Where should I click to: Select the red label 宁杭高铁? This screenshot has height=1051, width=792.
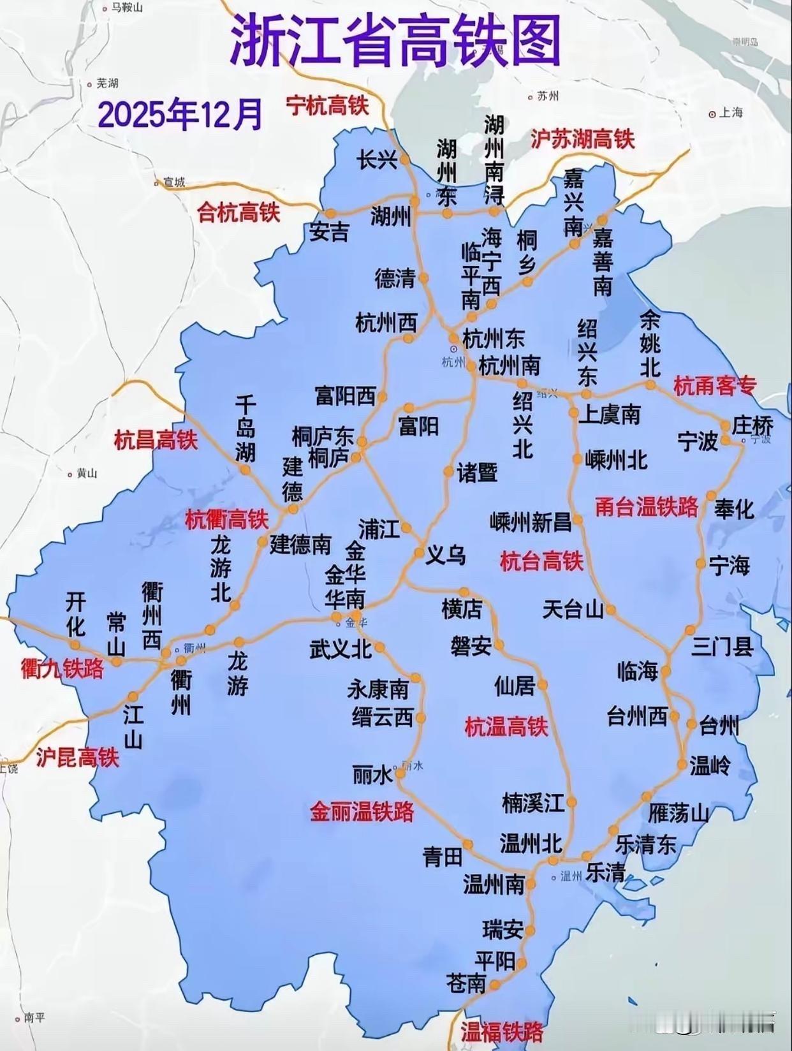click(x=327, y=105)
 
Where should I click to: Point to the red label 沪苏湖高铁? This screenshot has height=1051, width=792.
click(x=582, y=139)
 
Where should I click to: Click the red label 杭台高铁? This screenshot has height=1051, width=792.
click(x=541, y=561)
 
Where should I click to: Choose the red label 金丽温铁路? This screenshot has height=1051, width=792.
click(x=362, y=812)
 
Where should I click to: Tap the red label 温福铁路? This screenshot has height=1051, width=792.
click(x=502, y=1032)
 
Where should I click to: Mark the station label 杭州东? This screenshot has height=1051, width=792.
click(x=493, y=339)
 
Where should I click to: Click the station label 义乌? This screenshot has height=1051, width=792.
click(x=446, y=555)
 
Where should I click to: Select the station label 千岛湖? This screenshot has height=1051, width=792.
click(x=246, y=429)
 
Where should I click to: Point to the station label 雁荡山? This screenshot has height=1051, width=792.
click(x=678, y=814)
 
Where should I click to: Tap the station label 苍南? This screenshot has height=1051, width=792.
click(x=466, y=984)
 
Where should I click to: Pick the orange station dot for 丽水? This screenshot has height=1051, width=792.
click(x=400, y=773)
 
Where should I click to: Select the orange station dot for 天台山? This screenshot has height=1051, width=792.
click(x=611, y=610)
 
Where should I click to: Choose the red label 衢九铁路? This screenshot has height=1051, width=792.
click(x=62, y=669)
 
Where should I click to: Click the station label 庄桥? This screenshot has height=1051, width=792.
click(x=752, y=425)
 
